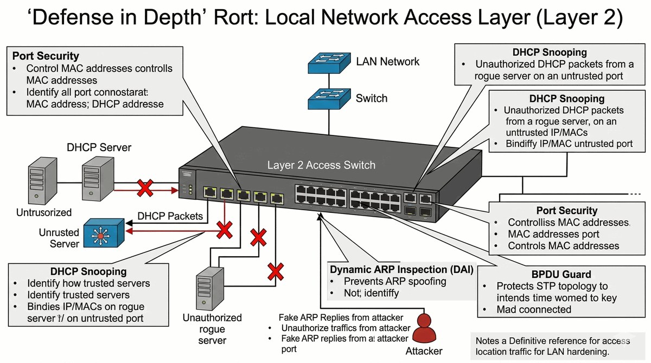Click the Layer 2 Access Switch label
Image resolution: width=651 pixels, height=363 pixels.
point(321,165)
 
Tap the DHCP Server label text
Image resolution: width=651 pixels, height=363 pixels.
point(99,147)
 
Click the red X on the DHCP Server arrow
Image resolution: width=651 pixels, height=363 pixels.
point(144,189)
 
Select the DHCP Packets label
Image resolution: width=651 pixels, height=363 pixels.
point(170,216)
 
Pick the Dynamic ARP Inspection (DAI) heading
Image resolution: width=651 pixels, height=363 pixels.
point(402,269)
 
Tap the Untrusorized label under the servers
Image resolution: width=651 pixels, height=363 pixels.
point(44,212)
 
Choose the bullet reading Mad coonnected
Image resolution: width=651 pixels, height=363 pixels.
point(534,310)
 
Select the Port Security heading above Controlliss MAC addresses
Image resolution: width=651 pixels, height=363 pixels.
point(566,211)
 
